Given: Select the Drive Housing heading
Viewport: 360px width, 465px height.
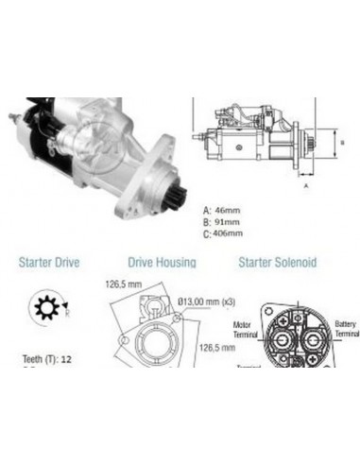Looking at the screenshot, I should click(x=162, y=262).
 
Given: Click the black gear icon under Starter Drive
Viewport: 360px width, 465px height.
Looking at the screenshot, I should click(x=43, y=310).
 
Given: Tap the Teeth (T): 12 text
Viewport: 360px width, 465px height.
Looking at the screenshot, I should click(x=45, y=359).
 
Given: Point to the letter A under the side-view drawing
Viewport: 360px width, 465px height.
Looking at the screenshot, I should click(x=305, y=187).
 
